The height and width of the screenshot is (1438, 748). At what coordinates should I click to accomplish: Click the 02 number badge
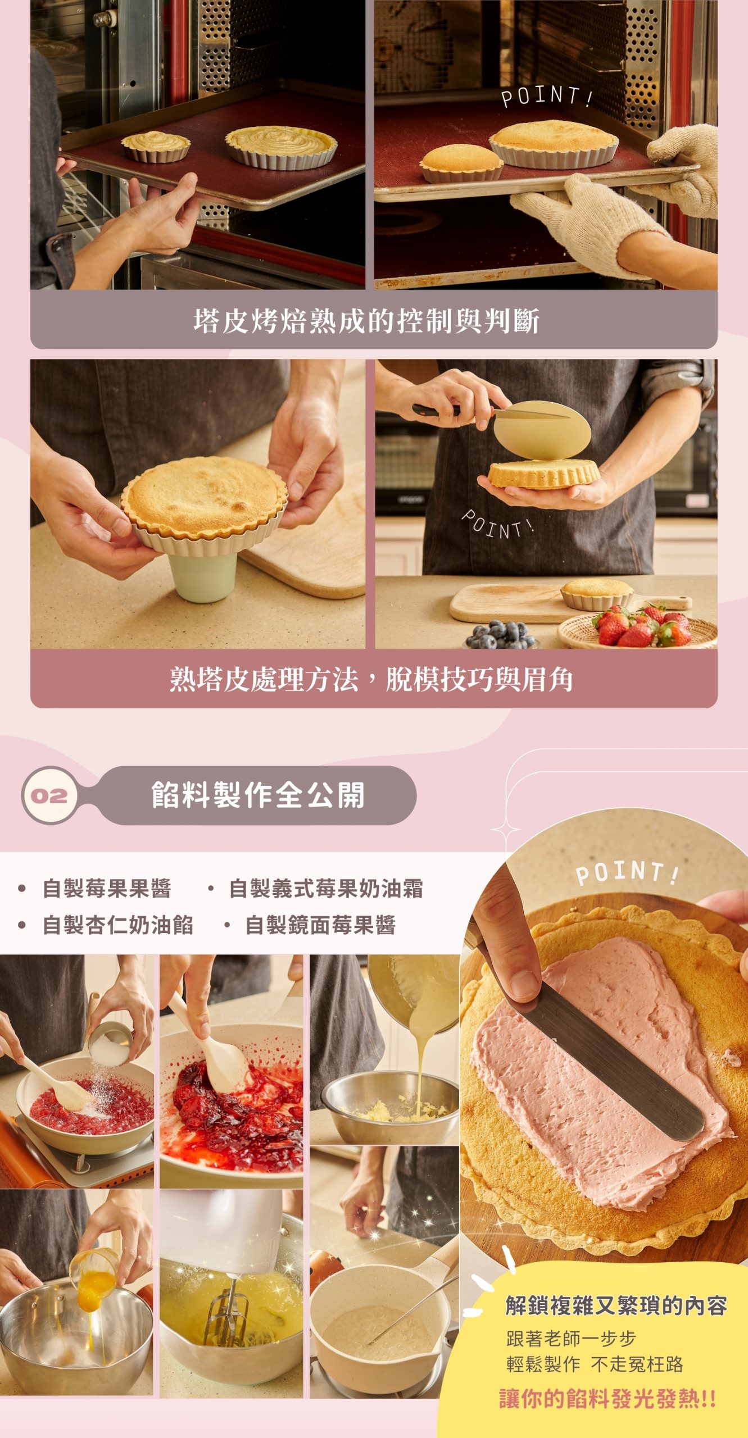pyautogui.click(x=49, y=795)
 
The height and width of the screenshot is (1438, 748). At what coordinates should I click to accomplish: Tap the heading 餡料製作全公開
pyautogui.click(x=258, y=795)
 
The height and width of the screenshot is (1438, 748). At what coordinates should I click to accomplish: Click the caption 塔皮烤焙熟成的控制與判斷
pyautogui.click(x=366, y=321)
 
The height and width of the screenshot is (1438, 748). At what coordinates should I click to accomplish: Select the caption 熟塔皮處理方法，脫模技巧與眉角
pyautogui.click(x=371, y=679)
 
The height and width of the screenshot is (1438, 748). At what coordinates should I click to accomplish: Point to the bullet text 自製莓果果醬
pyautogui.click(x=107, y=889)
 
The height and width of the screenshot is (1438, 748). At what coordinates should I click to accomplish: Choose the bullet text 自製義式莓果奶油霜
pyautogui.click(x=326, y=889)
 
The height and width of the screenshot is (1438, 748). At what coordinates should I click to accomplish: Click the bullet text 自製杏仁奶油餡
pyautogui.click(x=118, y=925)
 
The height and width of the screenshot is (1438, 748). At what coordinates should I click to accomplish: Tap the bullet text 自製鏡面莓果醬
pyautogui.click(x=320, y=925)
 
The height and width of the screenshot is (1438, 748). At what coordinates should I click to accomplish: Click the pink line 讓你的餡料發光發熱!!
pyautogui.click(x=608, y=1398)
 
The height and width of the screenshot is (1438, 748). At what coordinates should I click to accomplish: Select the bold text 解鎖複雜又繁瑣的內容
pyautogui.click(x=616, y=1305)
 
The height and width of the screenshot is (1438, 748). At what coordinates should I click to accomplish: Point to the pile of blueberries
pyautogui.click(x=500, y=634)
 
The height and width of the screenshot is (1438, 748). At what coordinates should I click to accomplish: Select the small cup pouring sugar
pyautogui.click(x=109, y=1045)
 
